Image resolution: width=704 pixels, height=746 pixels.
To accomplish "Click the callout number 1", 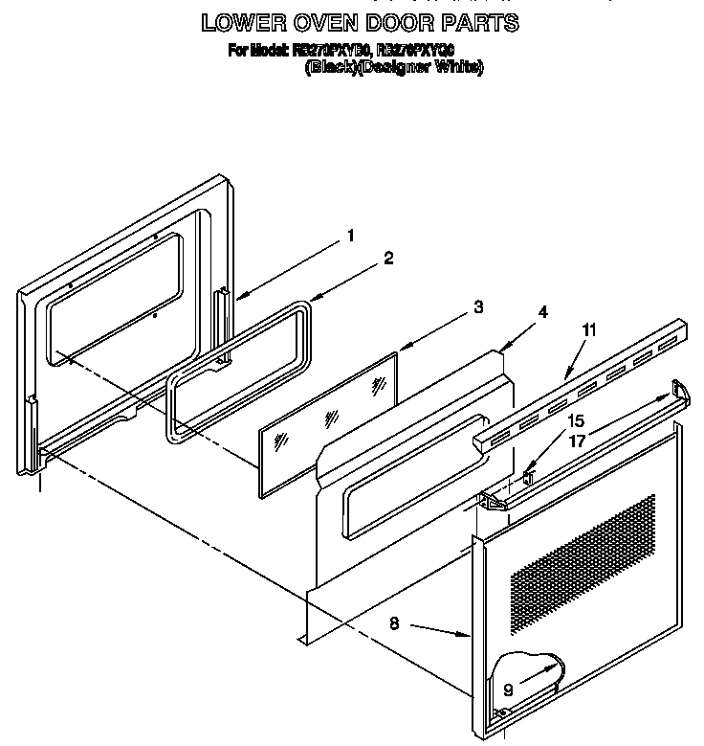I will coord(351,236).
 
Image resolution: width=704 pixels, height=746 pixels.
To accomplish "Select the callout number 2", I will coord(389,258).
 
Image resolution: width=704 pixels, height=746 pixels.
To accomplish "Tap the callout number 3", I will coord(477,307).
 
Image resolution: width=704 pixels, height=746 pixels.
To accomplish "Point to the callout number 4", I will coord(541,312).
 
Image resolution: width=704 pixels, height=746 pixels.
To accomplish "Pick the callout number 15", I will coord(575,419).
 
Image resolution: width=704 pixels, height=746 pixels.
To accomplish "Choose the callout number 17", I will coord(575,443).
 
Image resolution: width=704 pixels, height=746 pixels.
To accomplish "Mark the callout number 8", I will coord(394,622).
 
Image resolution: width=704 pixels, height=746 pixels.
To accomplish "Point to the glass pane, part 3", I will coord(325,421).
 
